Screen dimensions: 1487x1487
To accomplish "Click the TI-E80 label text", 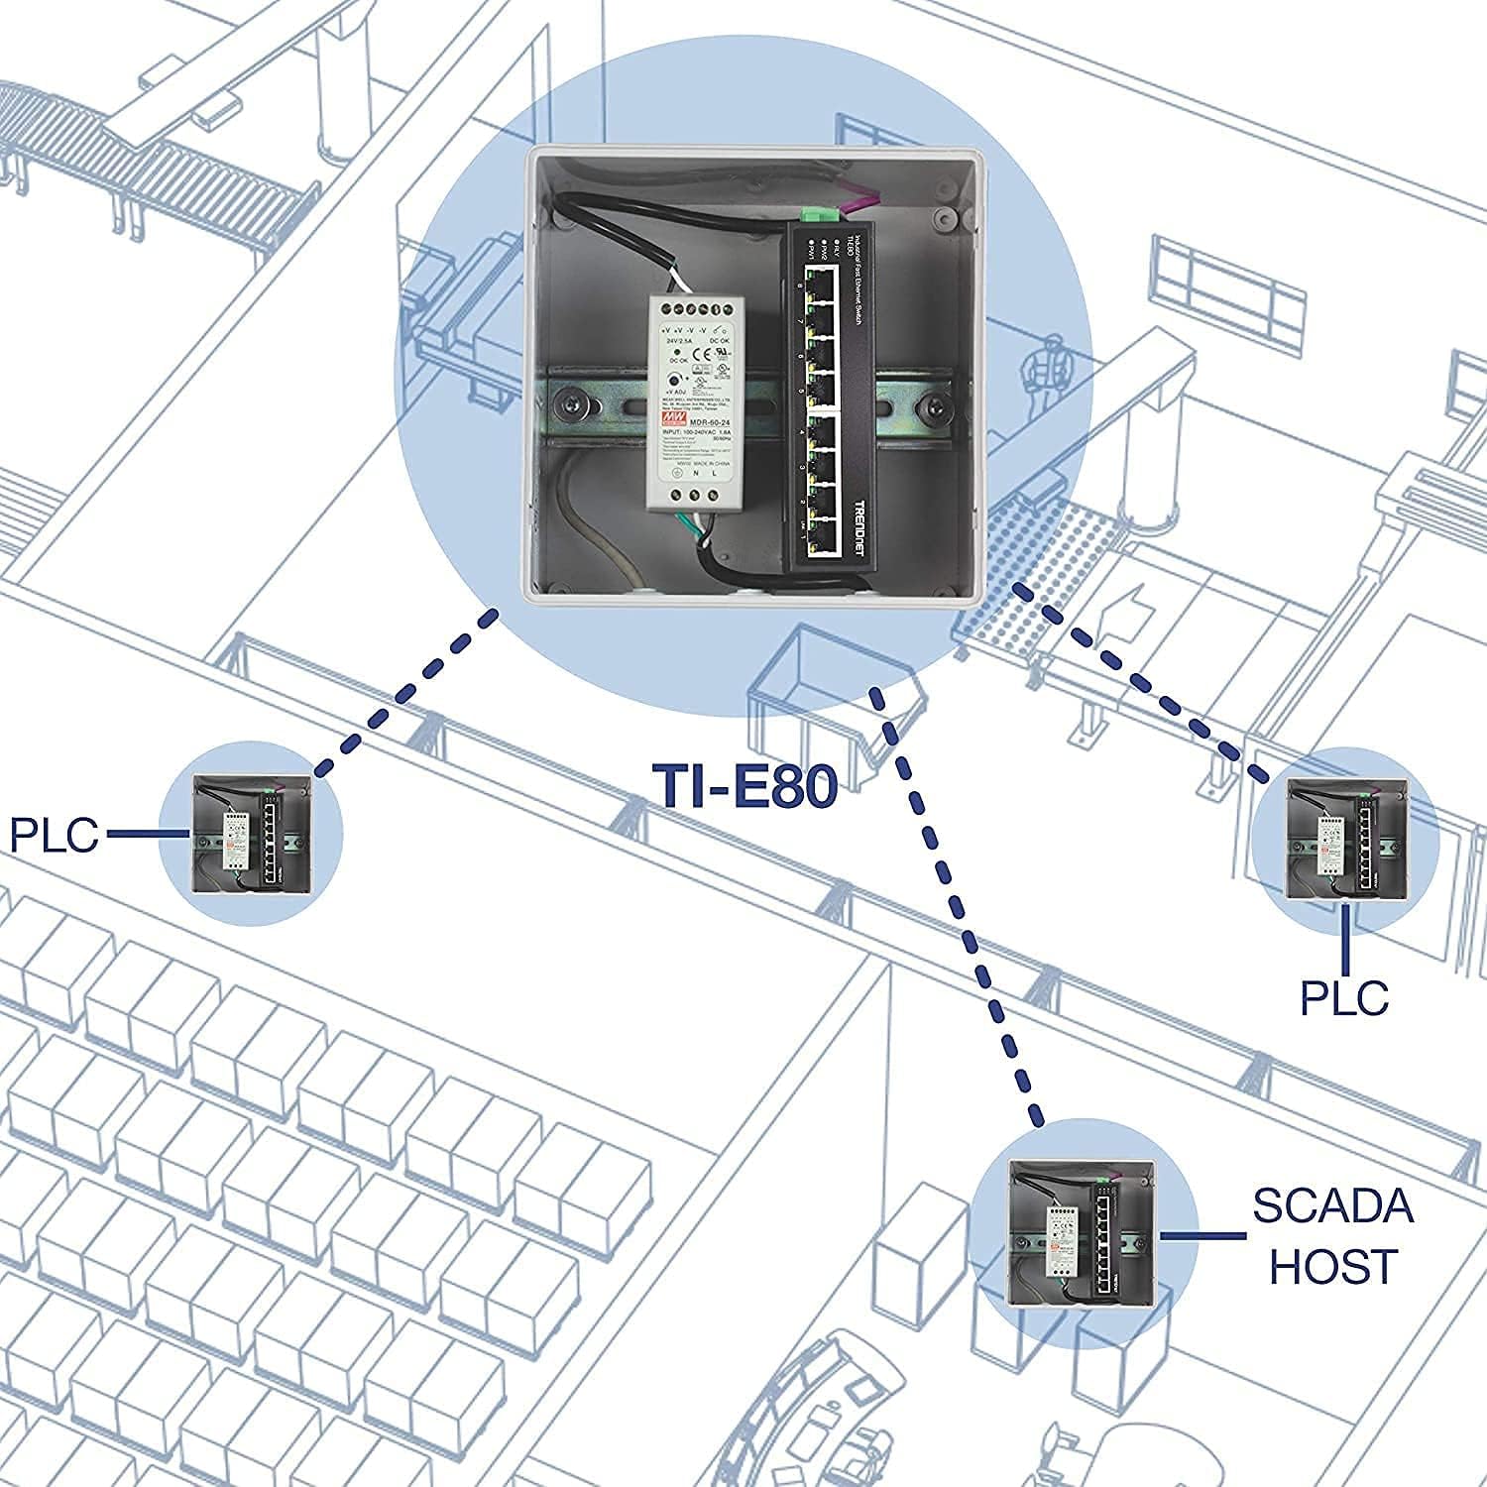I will [744, 787].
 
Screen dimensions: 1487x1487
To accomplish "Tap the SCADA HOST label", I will [1331, 1236].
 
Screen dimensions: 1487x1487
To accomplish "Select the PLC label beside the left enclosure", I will [55, 834].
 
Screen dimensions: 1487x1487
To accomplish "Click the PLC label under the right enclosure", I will [1344, 997].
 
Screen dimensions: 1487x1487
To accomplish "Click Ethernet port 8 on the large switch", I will [820, 287].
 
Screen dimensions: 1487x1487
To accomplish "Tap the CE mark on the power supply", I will [700, 351].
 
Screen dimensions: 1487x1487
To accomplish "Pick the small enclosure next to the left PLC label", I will [252, 833].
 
